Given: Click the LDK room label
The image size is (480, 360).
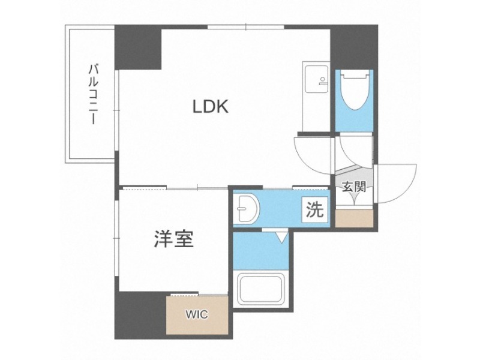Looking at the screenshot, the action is click(x=211, y=107).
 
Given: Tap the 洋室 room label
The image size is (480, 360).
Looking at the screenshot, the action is click(x=173, y=239).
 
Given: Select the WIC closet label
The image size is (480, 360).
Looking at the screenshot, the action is click(x=197, y=314).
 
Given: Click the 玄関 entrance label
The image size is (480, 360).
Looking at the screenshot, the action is click(x=354, y=187).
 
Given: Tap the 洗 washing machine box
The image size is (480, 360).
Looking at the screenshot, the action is click(x=315, y=209).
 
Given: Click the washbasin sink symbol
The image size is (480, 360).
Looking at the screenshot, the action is click(x=246, y=209).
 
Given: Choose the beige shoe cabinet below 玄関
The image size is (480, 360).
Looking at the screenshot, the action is click(x=354, y=218).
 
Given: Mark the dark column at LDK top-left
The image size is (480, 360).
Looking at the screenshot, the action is click(x=138, y=47).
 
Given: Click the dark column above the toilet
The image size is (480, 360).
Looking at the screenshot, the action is click(x=354, y=47).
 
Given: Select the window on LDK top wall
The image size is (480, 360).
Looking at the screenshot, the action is click(x=246, y=27).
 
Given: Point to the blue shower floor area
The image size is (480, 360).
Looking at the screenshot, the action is click(x=260, y=251).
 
